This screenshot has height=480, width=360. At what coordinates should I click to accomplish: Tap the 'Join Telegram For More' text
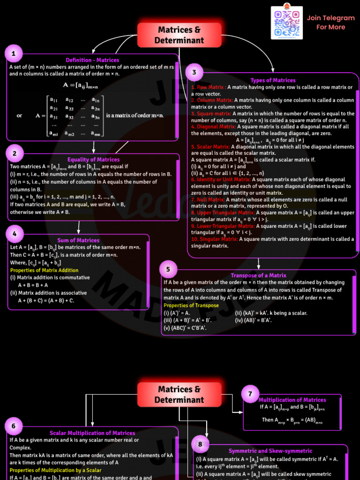330,22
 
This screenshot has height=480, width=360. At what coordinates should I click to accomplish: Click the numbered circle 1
14,54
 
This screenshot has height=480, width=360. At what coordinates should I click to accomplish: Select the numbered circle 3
195,73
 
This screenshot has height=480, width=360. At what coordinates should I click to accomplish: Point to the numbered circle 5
168,269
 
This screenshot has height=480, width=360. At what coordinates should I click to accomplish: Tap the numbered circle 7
250,394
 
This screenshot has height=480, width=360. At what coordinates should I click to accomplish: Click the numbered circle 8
201,444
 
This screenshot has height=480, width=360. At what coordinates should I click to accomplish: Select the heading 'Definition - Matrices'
92,60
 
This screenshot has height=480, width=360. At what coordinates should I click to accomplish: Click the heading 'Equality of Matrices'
93,160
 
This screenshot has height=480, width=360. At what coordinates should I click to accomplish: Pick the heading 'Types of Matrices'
273,80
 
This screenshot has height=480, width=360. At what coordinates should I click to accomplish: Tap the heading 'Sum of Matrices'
78,240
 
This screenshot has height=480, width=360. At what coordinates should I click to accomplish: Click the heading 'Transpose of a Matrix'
258,276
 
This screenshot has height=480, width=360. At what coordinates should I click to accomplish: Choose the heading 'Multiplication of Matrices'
292,400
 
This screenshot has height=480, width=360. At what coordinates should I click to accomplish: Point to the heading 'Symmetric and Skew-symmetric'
270,451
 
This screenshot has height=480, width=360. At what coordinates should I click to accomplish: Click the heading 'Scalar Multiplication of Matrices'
92,433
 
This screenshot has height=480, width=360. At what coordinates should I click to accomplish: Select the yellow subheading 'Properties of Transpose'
191,305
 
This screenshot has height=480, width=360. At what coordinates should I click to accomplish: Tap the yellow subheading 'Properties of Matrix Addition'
45,270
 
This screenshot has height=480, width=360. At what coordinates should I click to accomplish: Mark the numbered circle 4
15,233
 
